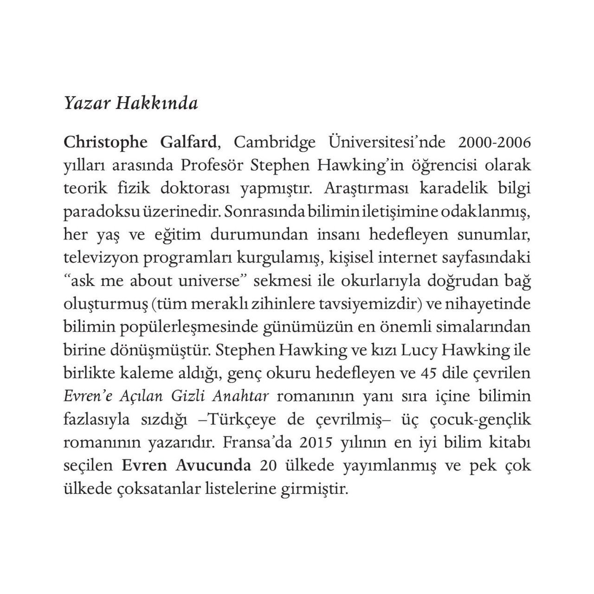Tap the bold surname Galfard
click(x=188, y=142)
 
